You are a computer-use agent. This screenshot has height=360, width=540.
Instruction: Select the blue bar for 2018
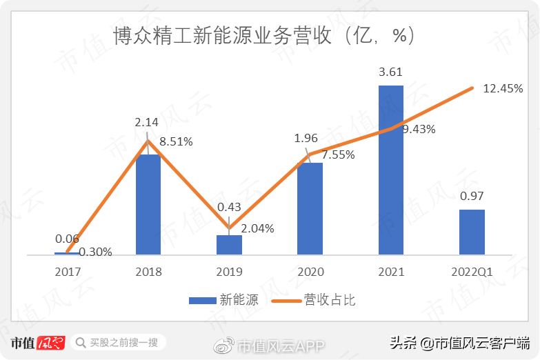pyautogui.click(x=148, y=205)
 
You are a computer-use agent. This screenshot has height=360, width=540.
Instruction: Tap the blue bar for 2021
pyautogui.click(x=391, y=170)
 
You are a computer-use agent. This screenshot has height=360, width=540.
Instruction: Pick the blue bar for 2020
pyautogui.click(x=310, y=209)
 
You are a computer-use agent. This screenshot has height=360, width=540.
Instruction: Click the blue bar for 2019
pyautogui.click(x=229, y=246)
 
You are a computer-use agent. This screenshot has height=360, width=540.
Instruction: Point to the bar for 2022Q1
pyautogui.click(x=472, y=232)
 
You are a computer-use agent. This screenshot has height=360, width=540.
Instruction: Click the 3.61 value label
pyautogui.click(x=391, y=72)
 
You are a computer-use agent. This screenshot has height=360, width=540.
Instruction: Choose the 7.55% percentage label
pyautogui.click(x=338, y=154)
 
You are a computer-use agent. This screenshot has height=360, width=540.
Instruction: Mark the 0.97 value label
pyautogui.click(x=472, y=196)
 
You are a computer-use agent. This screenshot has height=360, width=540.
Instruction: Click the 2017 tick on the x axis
pyautogui.click(x=68, y=272)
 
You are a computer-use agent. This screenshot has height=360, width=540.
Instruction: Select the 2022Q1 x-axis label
pyautogui.click(x=472, y=272)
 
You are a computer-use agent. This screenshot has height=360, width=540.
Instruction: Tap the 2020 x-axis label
pyautogui.click(x=310, y=272)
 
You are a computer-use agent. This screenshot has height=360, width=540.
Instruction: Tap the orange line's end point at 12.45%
pyautogui.click(x=472, y=88)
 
